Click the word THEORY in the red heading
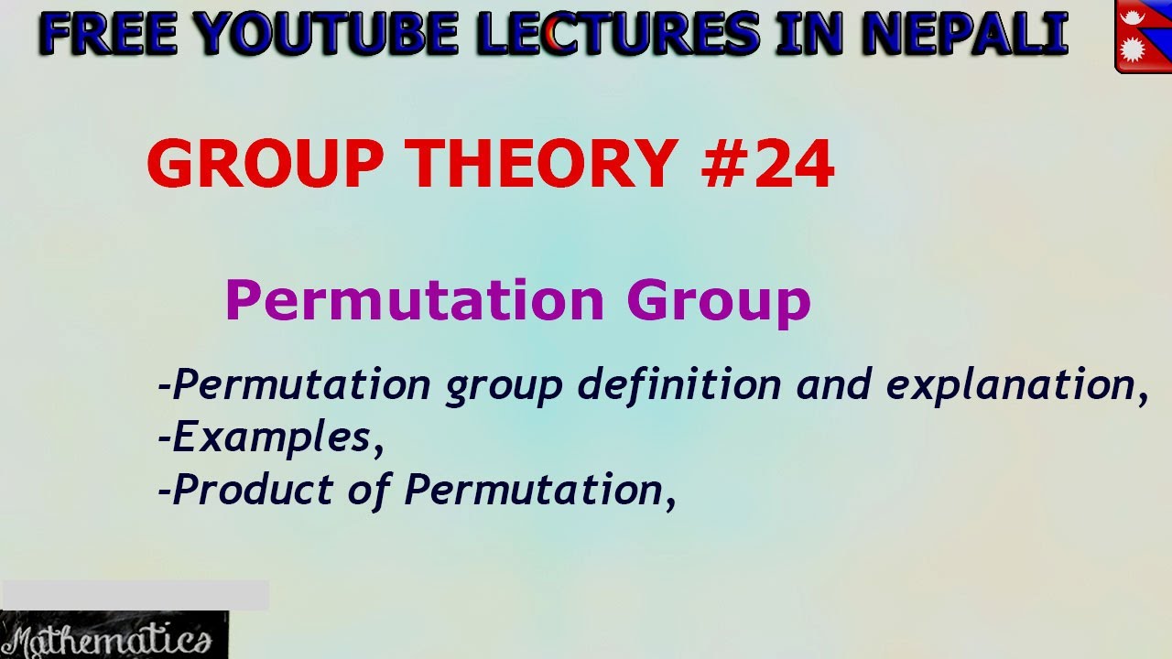[544, 165]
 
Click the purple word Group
[719, 300]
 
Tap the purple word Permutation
[414, 300]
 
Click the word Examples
[271, 438]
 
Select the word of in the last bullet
[369, 490]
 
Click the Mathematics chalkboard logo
[114, 635]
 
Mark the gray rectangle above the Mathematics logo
[135, 595]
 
